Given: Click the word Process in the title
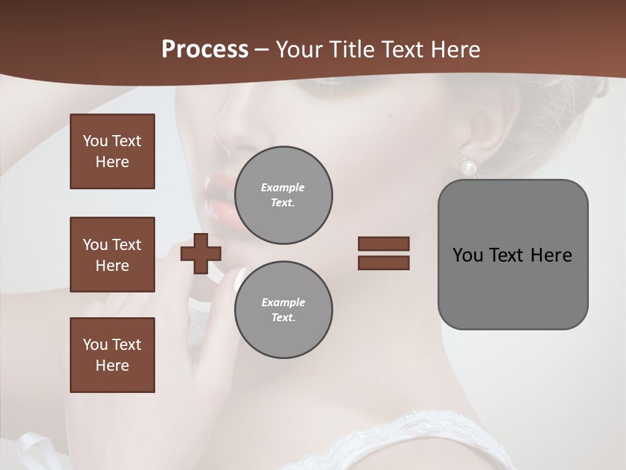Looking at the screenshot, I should click(205, 50).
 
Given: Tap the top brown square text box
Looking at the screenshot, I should click(112, 151).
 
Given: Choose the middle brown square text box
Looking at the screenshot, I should click(112, 255).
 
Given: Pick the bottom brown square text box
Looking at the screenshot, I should click(112, 355).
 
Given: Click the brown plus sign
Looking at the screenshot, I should click(201, 253).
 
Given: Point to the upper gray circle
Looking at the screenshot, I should click(284, 195).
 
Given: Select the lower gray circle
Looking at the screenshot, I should click(284, 310).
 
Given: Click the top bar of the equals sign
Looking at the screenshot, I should click(383, 243).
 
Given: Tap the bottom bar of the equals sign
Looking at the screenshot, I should click(383, 262).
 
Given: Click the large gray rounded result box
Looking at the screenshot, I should click(513, 255).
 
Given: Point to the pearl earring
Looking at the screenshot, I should click(468, 168).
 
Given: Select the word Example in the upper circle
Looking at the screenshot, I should click(283, 187).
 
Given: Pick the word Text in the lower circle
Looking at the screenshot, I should click(282, 318).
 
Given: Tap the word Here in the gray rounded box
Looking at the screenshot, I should click(552, 255).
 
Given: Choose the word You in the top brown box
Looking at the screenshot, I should click(95, 141).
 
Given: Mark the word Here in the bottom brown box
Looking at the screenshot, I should click(112, 366).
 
